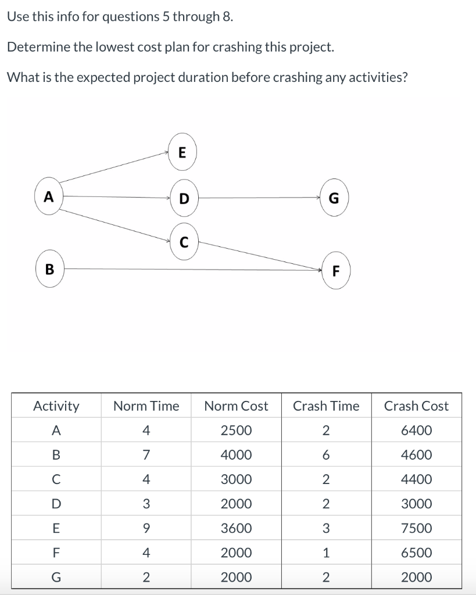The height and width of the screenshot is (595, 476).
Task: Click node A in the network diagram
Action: click(x=49, y=198)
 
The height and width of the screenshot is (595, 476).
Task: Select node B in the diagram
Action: click(x=49, y=270)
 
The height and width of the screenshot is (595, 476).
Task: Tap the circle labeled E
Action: click(x=182, y=153)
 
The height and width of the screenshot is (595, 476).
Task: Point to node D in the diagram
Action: click(x=184, y=198)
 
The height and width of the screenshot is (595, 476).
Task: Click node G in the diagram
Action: click(x=334, y=198)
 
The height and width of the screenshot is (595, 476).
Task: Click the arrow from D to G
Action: click(x=259, y=198)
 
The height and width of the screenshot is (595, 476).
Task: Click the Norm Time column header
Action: click(x=146, y=406)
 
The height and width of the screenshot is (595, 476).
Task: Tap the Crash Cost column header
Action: click(x=416, y=406)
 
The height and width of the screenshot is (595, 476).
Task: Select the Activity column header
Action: click(x=56, y=406)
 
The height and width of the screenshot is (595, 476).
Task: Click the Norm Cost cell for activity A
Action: click(x=237, y=431)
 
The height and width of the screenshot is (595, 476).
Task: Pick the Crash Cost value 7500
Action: click(x=416, y=528)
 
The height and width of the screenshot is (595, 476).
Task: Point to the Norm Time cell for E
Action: click(x=146, y=528)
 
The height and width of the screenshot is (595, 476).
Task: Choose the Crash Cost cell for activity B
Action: click(x=416, y=455)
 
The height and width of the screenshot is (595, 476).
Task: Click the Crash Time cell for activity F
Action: click(x=326, y=553)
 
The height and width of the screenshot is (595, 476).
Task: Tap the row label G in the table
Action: click(x=56, y=577)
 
